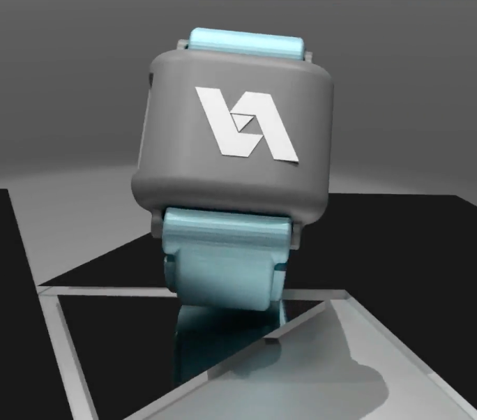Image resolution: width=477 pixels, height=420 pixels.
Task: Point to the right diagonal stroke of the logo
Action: pyautogui.click(x=273, y=131)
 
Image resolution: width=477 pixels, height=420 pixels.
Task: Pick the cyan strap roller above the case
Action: pyautogui.click(x=247, y=43)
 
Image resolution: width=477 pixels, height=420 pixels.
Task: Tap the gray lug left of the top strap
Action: pyautogui.click(x=183, y=45)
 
